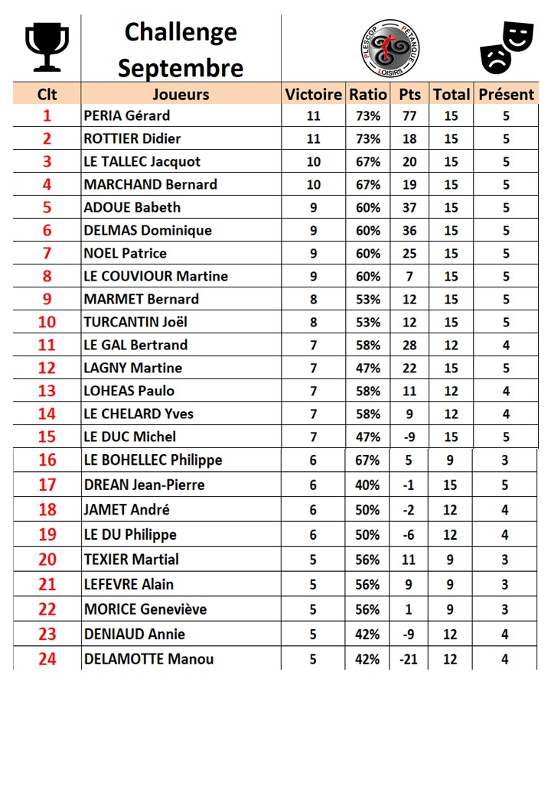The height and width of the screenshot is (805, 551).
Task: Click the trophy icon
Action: click(x=47, y=47)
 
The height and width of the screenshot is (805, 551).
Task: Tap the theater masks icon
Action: click(x=506, y=47)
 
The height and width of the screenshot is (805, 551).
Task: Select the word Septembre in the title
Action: click(x=181, y=67)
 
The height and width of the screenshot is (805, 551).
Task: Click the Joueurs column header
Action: click(x=181, y=94)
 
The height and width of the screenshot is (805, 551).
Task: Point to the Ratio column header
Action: click(x=367, y=94)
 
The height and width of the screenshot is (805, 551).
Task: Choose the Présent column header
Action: click(x=506, y=94)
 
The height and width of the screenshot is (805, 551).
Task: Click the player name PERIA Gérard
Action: click(x=127, y=116)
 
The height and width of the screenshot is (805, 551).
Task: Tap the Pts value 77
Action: click(x=409, y=116)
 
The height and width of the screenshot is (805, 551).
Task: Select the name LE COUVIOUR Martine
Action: click(x=155, y=276)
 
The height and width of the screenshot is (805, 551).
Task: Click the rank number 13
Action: click(x=47, y=391)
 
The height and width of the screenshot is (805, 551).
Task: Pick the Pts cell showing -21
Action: click(x=409, y=659)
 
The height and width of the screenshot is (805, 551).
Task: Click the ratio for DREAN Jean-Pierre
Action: click(x=367, y=485)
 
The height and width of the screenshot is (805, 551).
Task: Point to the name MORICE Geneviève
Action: click(x=145, y=609)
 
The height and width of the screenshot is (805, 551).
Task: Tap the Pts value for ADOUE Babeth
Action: click(x=409, y=207)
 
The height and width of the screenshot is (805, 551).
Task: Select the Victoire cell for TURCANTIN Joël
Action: click(x=313, y=322)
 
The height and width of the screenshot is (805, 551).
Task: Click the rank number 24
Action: click(x=47, y=659)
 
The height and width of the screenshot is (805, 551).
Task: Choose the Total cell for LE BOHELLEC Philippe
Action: click(x=451, y=460)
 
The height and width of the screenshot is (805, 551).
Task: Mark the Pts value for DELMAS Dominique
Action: click(x=409, y=230)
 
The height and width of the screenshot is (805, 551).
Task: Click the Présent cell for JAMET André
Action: click(x=506, y=510)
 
